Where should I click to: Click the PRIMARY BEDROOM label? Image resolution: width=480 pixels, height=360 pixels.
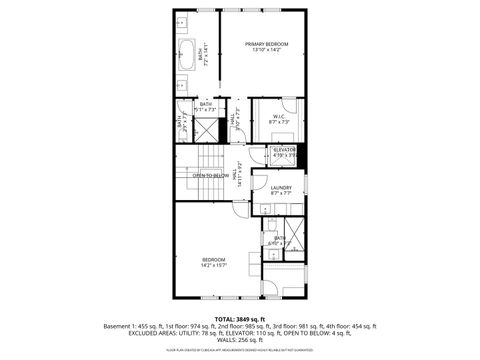268,44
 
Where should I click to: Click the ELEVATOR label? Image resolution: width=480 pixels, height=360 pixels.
285,150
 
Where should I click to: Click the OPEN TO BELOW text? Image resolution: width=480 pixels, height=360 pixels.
211,174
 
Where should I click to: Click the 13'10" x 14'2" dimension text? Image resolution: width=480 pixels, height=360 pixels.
268,50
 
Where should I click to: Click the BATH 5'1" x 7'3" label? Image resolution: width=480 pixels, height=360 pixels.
206,105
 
